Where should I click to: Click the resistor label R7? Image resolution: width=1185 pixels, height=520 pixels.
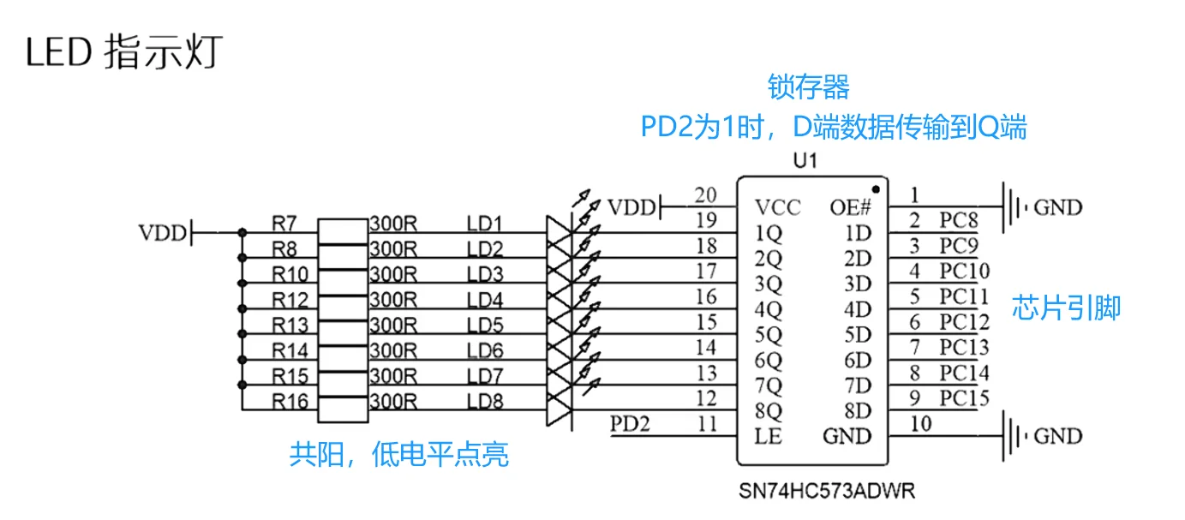tap(284, 224)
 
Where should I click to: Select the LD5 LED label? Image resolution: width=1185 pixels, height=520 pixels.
tap(485, 325)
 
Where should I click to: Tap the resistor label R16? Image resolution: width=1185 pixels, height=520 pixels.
tap(290, 402)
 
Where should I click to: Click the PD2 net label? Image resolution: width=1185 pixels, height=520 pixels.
tap(630, 424)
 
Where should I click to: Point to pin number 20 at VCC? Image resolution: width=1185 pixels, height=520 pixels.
tap(706, 195)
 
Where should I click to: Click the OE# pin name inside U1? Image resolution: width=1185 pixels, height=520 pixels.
tap(850, 207)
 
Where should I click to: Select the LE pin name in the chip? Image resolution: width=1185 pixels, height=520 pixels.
tap(768, 436)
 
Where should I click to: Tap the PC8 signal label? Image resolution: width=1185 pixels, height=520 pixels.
tap(959, 220)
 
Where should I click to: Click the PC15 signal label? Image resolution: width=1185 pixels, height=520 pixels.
tap(965, 397)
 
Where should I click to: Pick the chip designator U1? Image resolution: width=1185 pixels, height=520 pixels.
tap(805, 160)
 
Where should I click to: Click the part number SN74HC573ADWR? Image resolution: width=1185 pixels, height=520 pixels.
tap(827, 492)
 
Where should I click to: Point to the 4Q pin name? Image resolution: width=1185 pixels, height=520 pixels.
tap(768, 309)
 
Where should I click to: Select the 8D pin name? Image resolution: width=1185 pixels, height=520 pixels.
tap(858, 410)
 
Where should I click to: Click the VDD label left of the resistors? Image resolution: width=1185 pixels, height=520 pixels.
tap(163, 233)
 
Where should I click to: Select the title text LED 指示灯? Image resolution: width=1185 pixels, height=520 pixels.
tap(124, 52)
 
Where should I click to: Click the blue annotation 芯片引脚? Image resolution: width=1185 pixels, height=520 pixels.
tap(1067, 308)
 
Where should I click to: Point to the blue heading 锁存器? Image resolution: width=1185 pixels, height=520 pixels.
tap(808, 87)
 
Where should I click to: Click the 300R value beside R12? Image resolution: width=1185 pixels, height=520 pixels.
tap(393, 300)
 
